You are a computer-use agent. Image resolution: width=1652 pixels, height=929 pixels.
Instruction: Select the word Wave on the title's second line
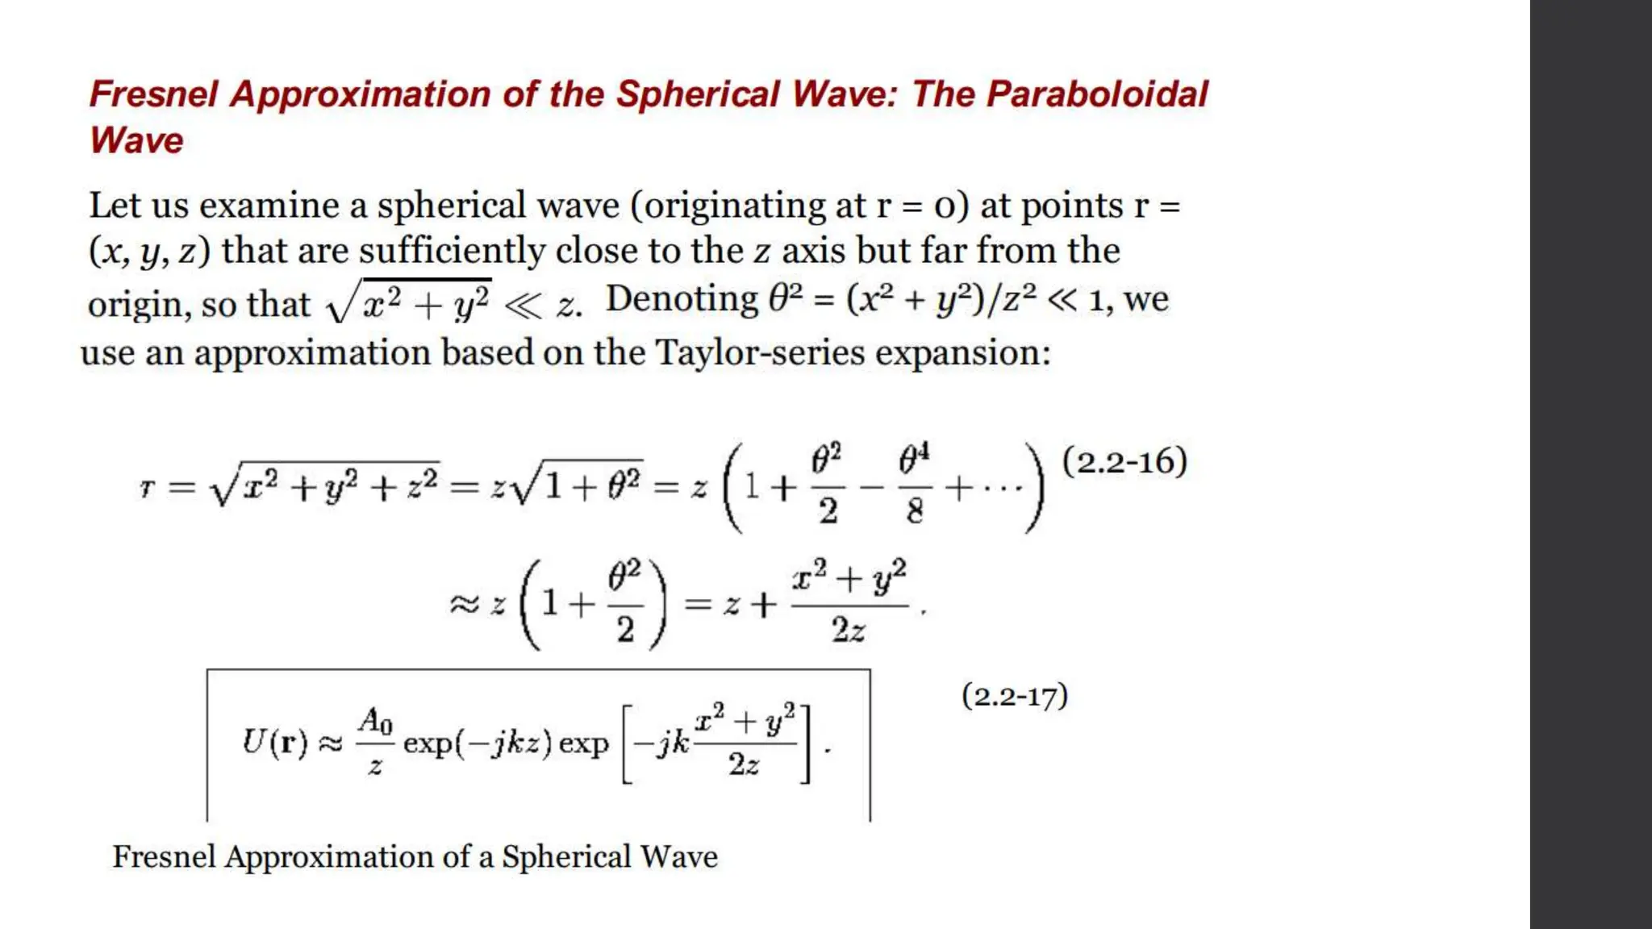pyautogui.click(x=136, y=140)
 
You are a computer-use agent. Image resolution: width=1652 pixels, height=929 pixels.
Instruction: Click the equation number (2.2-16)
pyautogui.click(x=1124, y=461)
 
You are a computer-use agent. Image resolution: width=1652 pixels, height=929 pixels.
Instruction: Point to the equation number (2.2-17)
pyautogui.click(x=1015, y=695)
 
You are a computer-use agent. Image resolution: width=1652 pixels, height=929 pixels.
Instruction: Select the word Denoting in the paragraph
pyautogui.click(x=682, y=299)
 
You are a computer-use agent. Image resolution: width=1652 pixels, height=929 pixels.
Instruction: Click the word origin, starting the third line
pyautogui.click(x=135, y=305)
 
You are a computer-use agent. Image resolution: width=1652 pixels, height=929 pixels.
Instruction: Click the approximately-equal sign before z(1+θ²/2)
pyautogui.click(x=464, y=604)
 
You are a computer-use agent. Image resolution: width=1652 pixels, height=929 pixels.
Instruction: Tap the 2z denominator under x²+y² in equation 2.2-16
pyautogui.click(x=848, y=630)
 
